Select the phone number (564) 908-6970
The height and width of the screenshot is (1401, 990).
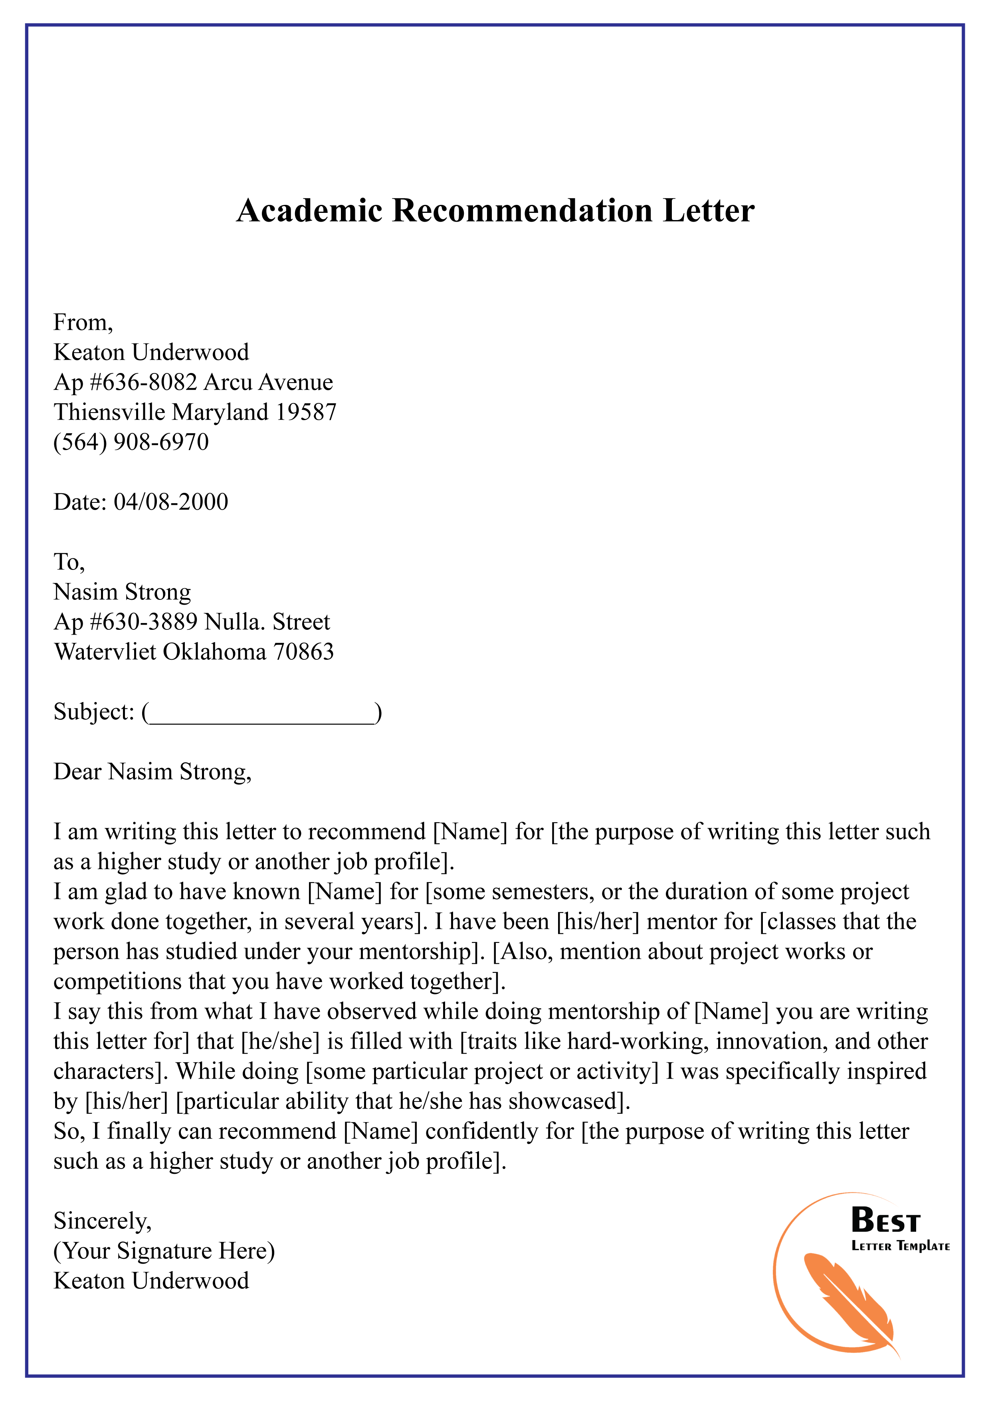(131, 442)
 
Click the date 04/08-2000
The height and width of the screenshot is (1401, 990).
(171, 502)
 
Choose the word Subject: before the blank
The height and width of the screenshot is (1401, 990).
(93, 712)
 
